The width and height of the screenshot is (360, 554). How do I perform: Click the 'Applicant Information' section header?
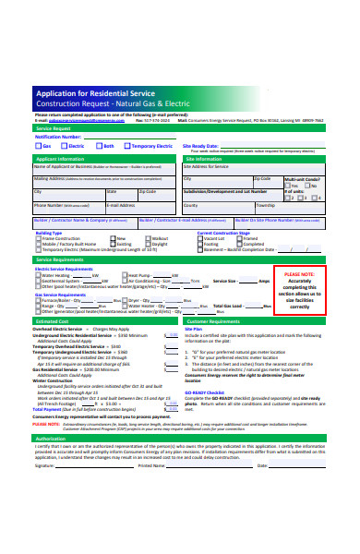point(61,159)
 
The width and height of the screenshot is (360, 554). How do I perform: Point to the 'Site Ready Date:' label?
point(200,146)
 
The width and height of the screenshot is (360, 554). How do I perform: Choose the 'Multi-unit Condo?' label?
point(303,179)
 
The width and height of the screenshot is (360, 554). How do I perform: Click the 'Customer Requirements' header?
point(220,321)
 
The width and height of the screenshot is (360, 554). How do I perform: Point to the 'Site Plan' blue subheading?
point(194,329)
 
